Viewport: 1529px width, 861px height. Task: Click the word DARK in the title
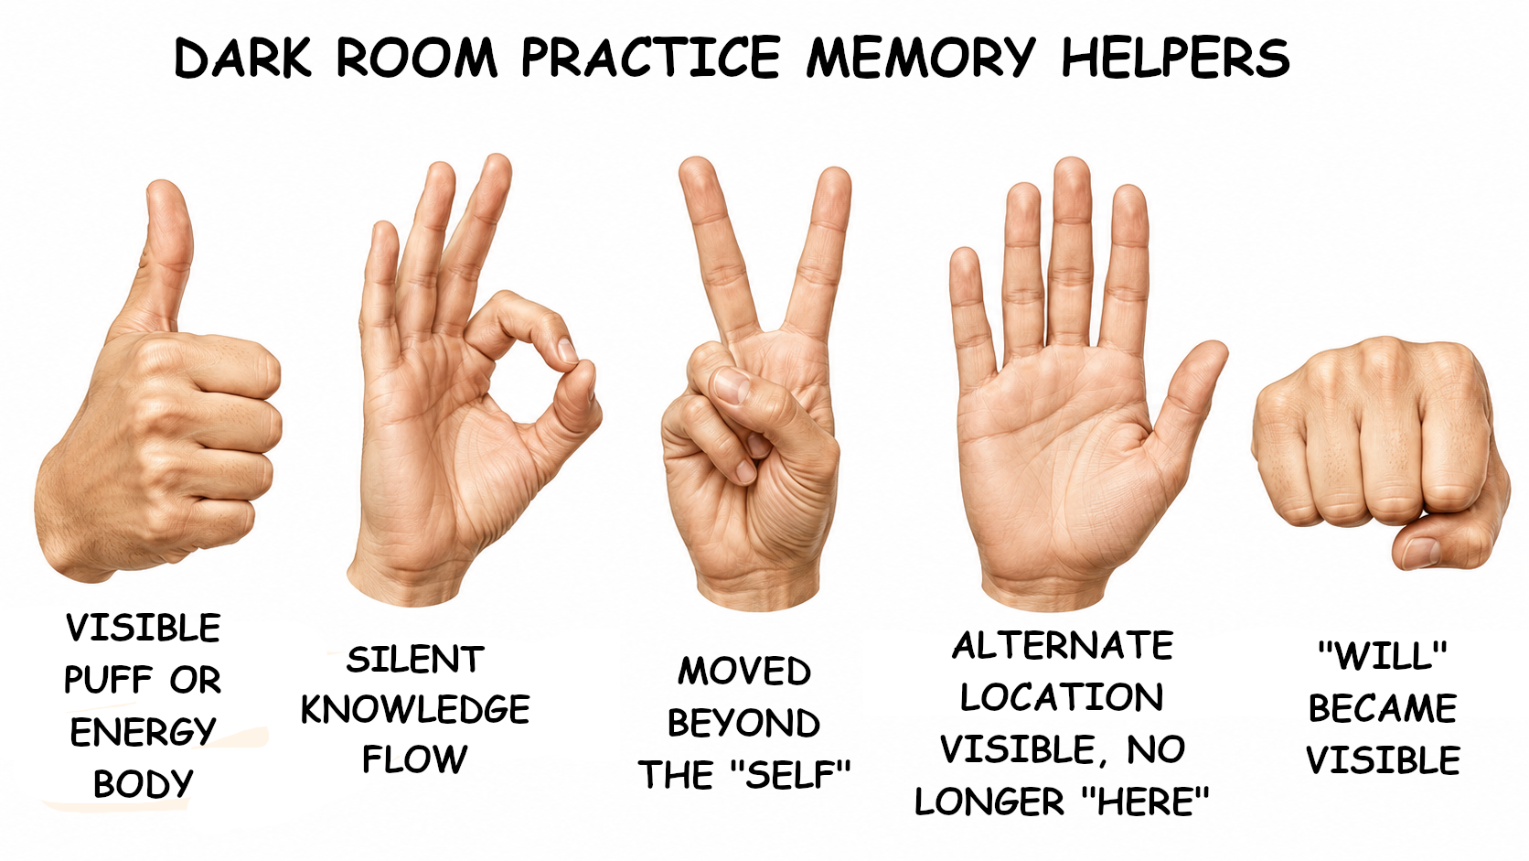click(242, 58)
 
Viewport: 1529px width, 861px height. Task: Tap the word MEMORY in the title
click(921, 58)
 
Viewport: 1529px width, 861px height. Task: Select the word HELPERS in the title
click(1175, 58)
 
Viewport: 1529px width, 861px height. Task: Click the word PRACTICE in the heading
click(650, 58)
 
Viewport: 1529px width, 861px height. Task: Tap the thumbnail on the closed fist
click(1421, 552)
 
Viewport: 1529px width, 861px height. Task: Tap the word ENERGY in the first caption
click(143, 732)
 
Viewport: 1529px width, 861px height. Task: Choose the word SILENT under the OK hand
click(415, 660)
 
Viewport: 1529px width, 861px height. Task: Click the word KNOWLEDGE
click(415, 709)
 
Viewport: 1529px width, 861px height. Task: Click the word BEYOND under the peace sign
click(743, 723)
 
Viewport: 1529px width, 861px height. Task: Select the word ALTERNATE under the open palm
click(1063, 646)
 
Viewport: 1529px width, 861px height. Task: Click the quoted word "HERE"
click(1146, 801)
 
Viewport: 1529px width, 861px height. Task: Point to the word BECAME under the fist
click(1383, 708)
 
